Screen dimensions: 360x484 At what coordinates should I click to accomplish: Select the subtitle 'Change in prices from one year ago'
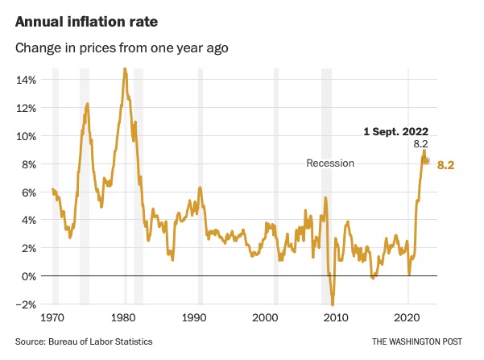122,48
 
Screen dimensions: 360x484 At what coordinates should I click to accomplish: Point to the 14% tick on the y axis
26,80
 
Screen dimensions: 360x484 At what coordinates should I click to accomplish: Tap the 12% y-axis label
26,108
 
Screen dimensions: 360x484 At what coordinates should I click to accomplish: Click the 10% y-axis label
26,136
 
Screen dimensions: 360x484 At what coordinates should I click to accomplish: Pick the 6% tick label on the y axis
28,192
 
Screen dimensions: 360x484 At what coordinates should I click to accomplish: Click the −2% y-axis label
26,304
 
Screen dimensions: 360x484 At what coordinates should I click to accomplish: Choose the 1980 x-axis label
123,318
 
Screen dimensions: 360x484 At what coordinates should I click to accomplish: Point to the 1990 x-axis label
194,318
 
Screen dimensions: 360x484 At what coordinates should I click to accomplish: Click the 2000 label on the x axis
265,318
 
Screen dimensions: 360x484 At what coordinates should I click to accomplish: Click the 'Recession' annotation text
330,163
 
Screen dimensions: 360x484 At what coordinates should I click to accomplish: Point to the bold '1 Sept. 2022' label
394,130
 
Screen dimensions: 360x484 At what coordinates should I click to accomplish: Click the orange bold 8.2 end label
446,164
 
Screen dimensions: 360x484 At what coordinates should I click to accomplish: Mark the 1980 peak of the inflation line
125,69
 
